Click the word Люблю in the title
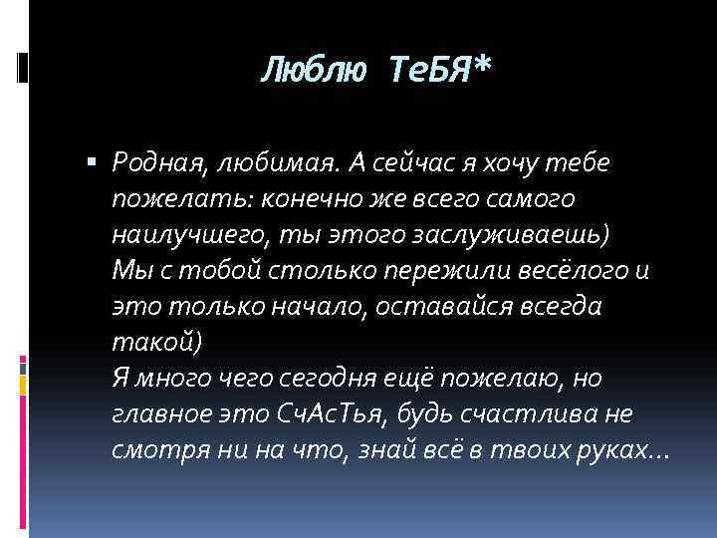[x=310, y=71]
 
